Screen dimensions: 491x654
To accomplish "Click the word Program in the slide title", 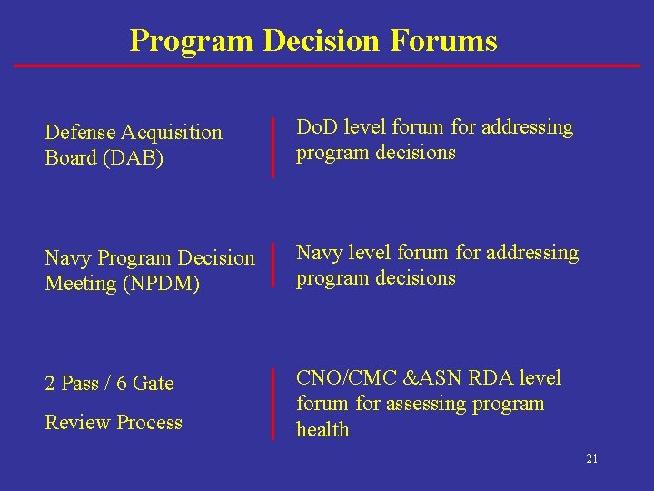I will (x=192, y=41).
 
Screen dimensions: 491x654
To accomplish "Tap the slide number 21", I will (x=591, y=459).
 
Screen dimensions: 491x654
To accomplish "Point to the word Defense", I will (x=84, y=133).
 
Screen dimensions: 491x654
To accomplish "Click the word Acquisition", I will (x=174, y=133).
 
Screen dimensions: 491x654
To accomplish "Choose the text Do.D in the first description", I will (x=315, y=127).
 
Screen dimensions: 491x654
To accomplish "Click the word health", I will (x=322, y=430).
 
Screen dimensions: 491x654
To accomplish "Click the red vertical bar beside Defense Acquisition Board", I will (x=273, y=146).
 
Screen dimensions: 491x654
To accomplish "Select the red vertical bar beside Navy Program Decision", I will (x=273, y=266).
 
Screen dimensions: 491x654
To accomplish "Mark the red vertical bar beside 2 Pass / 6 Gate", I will (x=273, y=404).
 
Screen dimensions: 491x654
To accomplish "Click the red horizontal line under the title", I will (x=327, y=65).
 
